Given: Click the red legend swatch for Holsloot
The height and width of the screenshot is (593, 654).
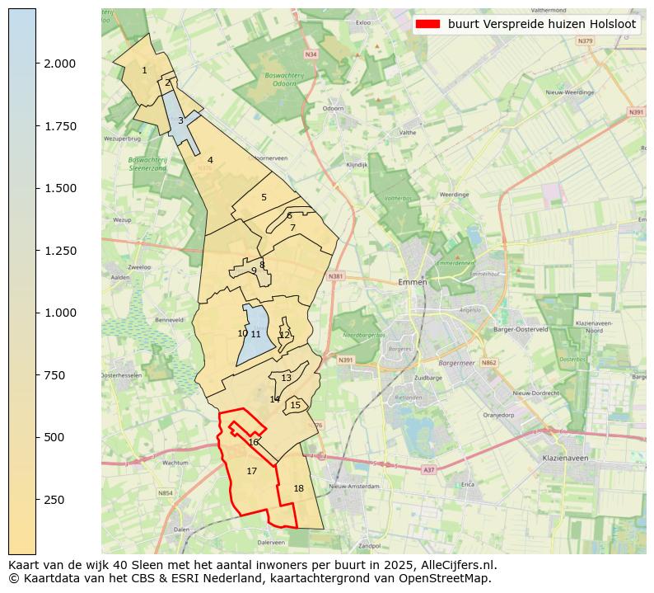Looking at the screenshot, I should (x=429, y=25).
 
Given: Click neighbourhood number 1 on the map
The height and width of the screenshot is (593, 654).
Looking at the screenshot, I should (x=144, y=71).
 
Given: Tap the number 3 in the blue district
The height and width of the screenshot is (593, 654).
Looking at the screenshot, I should (x=180, y=121).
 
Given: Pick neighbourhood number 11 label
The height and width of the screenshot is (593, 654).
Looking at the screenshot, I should (x=255, y=334).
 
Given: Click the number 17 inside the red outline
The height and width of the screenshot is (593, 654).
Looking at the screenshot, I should (x=252, y=471).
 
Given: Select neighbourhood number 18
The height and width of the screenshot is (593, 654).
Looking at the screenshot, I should (x=298, y=488).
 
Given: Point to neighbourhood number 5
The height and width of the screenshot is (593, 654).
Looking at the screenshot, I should (x=264, y=198).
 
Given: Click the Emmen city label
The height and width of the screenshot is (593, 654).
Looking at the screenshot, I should (x=412, y=282).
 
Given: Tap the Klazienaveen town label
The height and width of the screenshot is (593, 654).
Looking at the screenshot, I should (x=564, y=457).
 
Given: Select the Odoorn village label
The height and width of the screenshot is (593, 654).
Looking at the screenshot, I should (x=333, y=108).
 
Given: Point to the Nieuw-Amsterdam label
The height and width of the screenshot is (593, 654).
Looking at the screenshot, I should (x=353, y=486).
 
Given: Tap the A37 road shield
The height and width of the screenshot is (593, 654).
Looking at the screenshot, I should (x=428, y=469).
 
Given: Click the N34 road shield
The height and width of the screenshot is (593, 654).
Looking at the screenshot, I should (x=311, y=54).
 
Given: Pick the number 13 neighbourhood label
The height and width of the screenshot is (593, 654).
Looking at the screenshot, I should (x=286, y=378).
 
